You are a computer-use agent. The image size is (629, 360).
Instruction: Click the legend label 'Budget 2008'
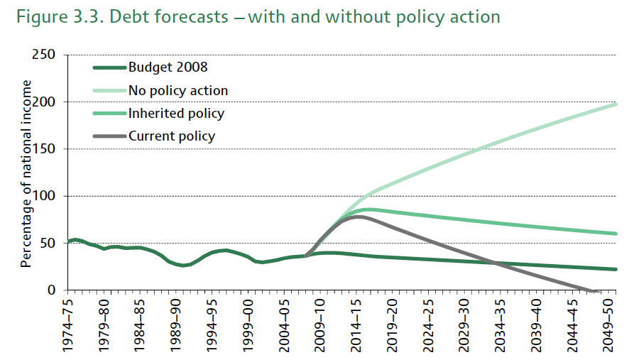pyautogui.click(x=168, y=68)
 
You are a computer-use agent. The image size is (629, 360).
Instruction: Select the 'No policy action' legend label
pyautogui.click(x=178, y=90)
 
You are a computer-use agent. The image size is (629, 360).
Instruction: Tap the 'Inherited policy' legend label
pyautogui.click(x=176, y=113)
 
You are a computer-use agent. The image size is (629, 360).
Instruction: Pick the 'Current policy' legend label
pyautogui.click(x=171, y=136)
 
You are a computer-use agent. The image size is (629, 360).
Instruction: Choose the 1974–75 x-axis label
pyautogui.click(x=69, y=324)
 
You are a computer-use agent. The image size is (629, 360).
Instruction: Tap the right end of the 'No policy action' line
pyautogui.click(x=615, y=104)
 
